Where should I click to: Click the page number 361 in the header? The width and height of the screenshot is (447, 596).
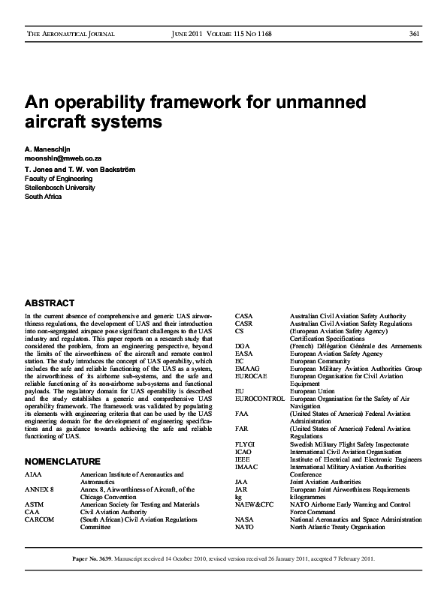(414, 35)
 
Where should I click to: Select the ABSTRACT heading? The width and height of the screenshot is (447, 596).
(50, 303)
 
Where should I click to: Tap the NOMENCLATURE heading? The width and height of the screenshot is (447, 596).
(62, 460)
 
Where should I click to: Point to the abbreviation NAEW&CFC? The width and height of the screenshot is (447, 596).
(254, 504)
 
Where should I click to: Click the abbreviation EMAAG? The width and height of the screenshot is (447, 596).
(248, 369)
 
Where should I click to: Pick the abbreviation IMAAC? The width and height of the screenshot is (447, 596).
(247, 467)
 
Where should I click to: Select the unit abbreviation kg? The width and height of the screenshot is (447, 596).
(238, 497)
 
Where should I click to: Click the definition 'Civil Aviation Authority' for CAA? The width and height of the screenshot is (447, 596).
(117, 512)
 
